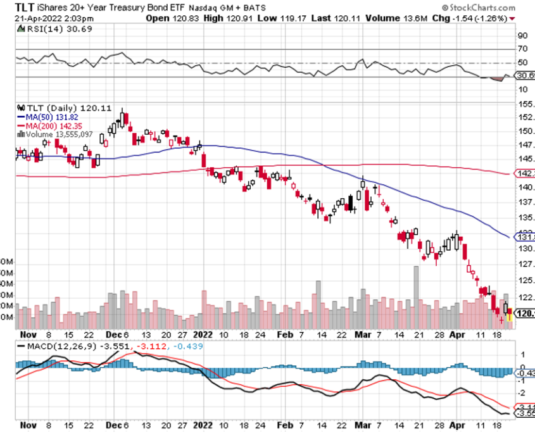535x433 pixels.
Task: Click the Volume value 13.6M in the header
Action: pos(413,18)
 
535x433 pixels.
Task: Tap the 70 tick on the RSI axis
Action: pos(522,49)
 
